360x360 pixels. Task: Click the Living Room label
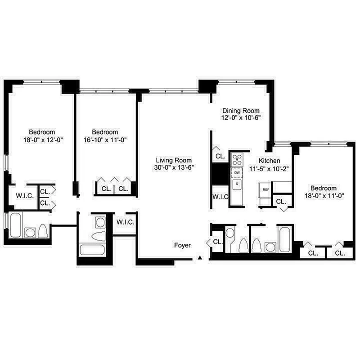(174, 160)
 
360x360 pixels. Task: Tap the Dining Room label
(241, 111)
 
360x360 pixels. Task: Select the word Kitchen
(270, 161)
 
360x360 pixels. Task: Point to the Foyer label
(183, 246)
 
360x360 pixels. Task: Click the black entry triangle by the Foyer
(200, 258)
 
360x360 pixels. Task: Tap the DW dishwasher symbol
(237, 173)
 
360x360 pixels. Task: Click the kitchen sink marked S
(237, 184)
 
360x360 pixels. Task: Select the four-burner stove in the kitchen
(237, 159)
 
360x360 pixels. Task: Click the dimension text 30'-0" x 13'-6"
(174, 168)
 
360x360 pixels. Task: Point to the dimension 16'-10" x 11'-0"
(105, 139)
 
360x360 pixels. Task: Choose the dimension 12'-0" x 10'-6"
(241, 118)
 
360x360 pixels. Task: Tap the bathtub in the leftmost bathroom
(15, 225)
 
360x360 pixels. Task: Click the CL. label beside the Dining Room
(220, 157)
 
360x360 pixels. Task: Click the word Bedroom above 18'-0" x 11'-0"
(323, 188)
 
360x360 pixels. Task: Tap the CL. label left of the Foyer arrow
(218, 242)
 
